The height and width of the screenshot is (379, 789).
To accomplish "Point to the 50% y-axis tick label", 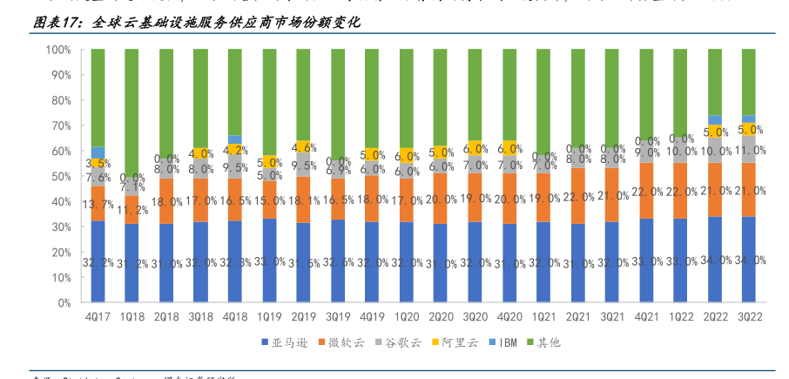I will [x=60, y=177].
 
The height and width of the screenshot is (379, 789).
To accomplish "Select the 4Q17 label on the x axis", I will [x=98, y=316].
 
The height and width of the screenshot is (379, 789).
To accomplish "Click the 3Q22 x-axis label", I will [x=748, y=316].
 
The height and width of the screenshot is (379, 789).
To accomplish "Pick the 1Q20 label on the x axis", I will [x=406, y=316].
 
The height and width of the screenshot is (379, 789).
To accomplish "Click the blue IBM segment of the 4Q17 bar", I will [x=98, y=152].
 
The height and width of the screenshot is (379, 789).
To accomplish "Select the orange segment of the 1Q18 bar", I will [x=131, y=210].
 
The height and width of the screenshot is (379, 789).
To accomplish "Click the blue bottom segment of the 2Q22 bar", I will [x=714, y=261].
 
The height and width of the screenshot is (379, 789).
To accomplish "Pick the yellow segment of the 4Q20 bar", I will [x=509, y=148].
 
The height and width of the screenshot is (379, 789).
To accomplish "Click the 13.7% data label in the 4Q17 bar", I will [x=98, y=204].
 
